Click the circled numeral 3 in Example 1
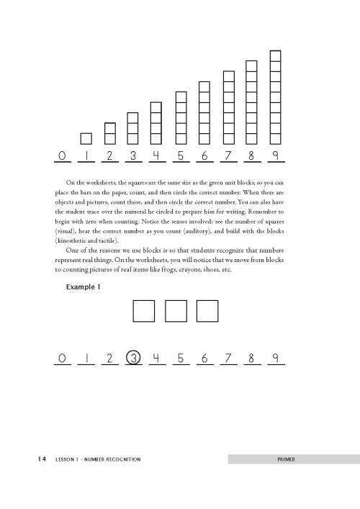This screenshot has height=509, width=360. click(x=132, y=358)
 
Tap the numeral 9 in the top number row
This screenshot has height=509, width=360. click(x=275, y=156)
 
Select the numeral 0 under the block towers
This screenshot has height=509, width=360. click(x=63, y=156)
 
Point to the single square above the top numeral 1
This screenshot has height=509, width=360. click(x=86, y=139)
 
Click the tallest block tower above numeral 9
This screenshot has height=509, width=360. click(x=275, y=98)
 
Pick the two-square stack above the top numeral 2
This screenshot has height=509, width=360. click(x=109, y=134)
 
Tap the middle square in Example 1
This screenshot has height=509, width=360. click(x=176, y=311)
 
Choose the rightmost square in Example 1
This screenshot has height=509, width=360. click(x=207, y=311)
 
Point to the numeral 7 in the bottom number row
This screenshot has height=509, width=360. click(x=228, y=358)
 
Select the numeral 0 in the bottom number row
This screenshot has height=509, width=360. click(x=63, y=358)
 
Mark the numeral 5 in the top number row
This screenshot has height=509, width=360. click(x=180, y=156)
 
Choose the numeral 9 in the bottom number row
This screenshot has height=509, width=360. click(x=275, y=358)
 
